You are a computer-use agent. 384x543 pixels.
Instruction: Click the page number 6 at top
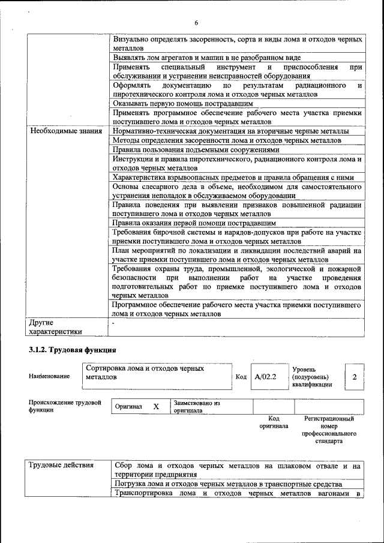pyautogui.click(x=196, y=23)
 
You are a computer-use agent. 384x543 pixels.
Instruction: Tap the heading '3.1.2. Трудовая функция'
pyautogui.click(x=72, y=350)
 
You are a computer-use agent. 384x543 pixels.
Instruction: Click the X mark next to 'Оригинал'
pyautogui.click(x=156, y=407)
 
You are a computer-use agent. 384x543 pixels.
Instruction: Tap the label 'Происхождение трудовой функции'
pyautogui.click(x=65, y=406)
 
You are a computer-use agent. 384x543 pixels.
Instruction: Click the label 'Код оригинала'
pyautogui.click(x=274, y=422)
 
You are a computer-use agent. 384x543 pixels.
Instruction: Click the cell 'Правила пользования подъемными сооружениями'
pyautogui.click(x=196, y=149)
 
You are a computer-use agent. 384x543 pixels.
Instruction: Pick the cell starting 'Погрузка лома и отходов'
pyautogui.click(x=228, y=484)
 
